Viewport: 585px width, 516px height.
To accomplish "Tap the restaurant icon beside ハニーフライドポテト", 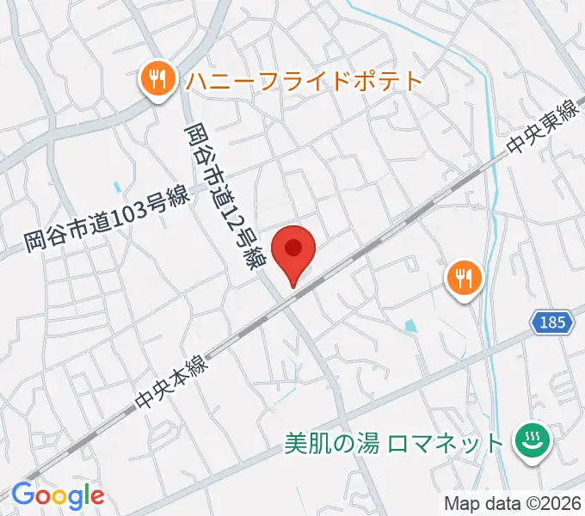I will click(156, 82).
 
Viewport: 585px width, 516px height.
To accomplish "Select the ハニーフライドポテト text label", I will click(303, 82).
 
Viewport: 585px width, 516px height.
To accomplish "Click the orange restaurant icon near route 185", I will click(465, 279).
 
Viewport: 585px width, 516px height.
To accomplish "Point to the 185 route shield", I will click(553, 323).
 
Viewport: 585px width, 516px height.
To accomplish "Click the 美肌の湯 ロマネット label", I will click(393, 444).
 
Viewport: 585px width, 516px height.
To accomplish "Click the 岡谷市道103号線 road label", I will click(106, 222).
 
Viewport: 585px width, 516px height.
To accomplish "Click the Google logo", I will click(58, 494).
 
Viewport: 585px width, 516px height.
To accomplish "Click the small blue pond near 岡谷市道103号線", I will click(116, 186).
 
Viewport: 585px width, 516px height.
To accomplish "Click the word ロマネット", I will click(445, 444).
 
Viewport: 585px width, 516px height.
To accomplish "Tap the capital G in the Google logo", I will click(22, 494).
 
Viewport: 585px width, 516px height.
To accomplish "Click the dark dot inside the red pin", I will click(293, 248).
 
